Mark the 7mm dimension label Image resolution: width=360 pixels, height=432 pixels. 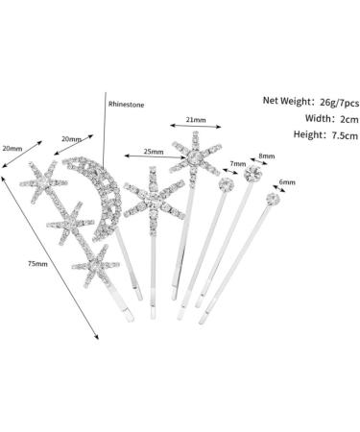[237, 164]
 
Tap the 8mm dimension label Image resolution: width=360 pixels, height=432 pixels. [266, 156]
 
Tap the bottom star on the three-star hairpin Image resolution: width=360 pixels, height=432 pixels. [95, 261]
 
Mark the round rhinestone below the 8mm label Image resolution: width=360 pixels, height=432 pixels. [254, 176]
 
